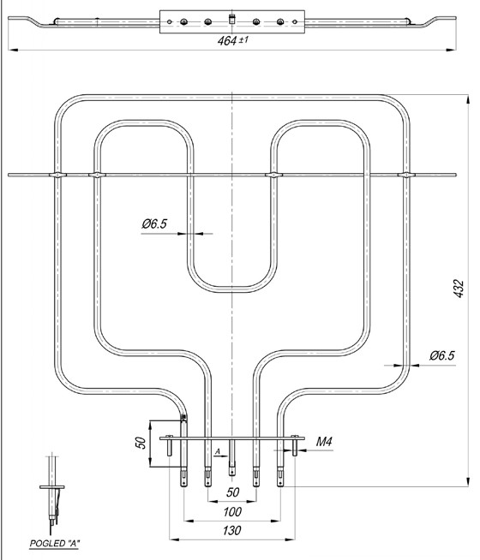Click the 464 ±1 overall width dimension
click(x=232, y=41)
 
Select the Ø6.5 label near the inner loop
click(x=154, y=224)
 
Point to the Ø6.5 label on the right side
click(x=442, y=355)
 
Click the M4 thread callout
click(x=324, y=442)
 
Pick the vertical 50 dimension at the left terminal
click(x=141, y=443)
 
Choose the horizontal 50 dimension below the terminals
click(x=232, y=492)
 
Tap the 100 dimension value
click(x=232, y=512)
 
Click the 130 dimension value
click(x=232, y=530)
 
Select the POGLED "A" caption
click(x=55, y=544)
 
